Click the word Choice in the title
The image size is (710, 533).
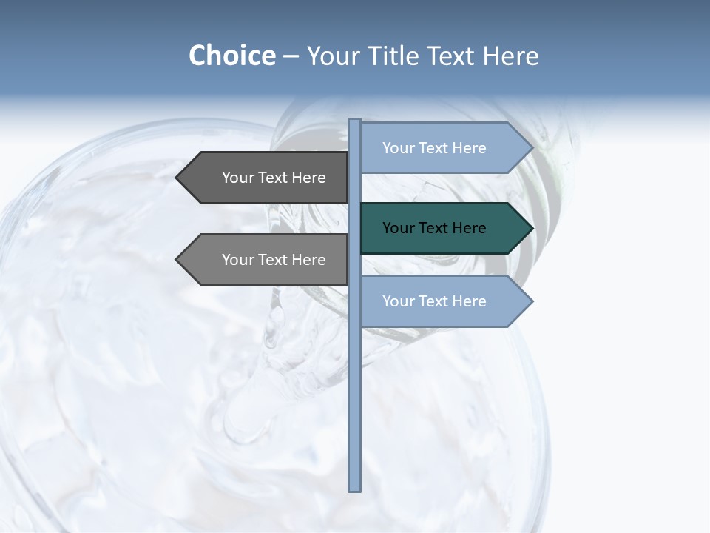[x=231, y=56]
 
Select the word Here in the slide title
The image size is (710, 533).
[x=510, y=56]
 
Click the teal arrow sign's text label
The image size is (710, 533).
[x=434, y=228]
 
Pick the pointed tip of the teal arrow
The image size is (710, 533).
[x=532, y=228]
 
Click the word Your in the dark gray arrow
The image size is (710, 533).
[x=237, y=178]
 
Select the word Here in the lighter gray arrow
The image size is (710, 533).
[x=308, y=260]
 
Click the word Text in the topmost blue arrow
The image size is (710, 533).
[x=433, y=148]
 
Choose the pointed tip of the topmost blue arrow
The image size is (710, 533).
[x=532, y=148]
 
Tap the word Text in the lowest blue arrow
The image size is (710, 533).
[x=433, y=301]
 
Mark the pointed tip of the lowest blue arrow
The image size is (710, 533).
[x=532, y=301]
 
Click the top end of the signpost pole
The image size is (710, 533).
[x=355, y=121]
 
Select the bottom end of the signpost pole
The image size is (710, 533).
[x=355, y=489]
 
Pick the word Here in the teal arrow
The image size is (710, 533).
[x=469, y=228]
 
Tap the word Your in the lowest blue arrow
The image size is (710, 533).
[x=398, y=301]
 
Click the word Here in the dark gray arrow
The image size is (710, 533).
[x=308, y=178]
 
